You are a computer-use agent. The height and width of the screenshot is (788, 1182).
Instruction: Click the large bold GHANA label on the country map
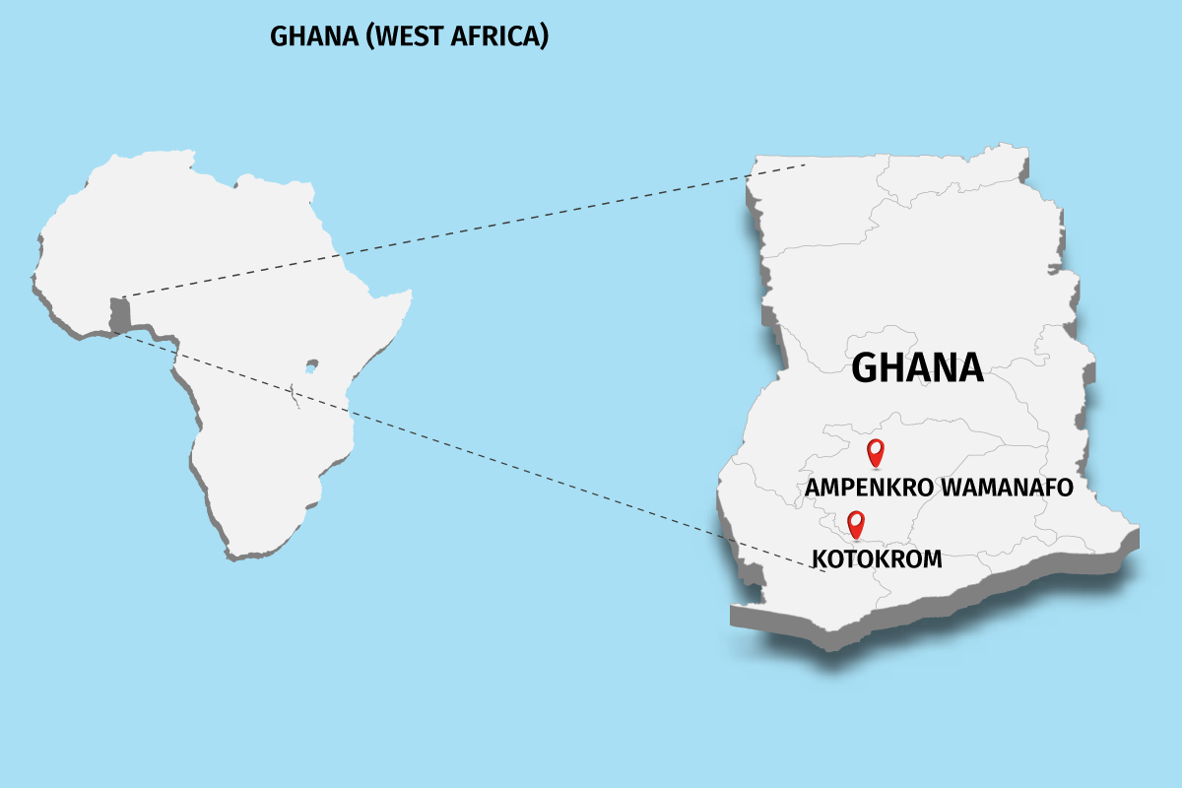coord(917,367)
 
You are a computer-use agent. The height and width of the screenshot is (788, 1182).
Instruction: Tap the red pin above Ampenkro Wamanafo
coord(875,452)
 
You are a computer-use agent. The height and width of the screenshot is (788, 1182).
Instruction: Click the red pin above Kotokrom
coord(856,524)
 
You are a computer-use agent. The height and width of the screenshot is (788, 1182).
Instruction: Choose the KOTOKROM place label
coord(877,559)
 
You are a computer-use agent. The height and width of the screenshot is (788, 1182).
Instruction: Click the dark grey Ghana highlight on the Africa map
coord(119,314)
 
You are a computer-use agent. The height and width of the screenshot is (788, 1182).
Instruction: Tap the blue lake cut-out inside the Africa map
coord(311,365)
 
